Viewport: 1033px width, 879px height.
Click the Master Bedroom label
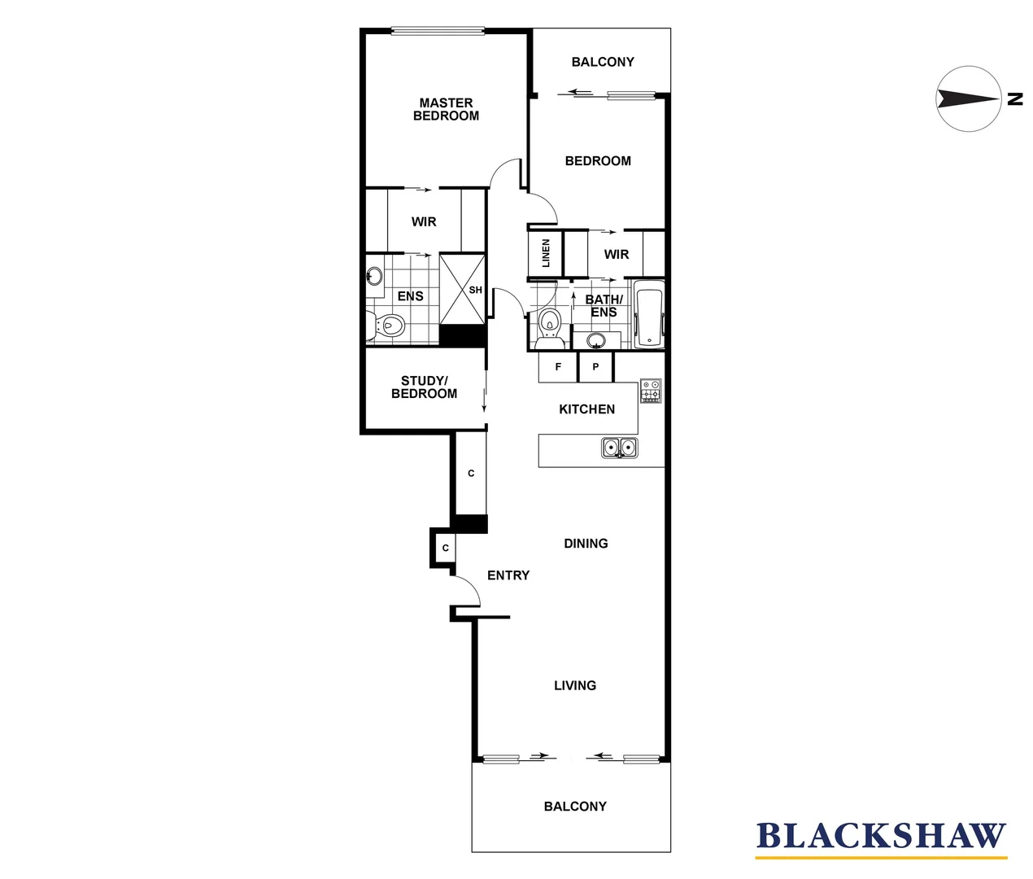[x=446, y=109]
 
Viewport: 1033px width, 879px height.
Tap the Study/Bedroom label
[x=424, y=387]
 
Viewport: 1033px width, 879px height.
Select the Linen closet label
[x=546, y=253]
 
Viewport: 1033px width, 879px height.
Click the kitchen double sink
[x=620, y=448]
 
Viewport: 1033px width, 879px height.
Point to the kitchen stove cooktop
[x=650, y=391]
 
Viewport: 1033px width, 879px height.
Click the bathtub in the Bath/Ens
[x=649, y=315]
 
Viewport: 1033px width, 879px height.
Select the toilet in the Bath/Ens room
[x=551, y=321]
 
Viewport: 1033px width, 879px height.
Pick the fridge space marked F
[x=558, y=367]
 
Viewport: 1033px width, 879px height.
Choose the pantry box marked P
[x=595, y=367]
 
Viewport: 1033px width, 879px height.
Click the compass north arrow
[x=968, y=99]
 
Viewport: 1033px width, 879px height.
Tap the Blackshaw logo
[x=881, y=837]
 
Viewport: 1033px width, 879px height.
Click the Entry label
[x=508, y=575]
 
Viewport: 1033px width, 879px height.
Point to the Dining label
[x=586, y=544]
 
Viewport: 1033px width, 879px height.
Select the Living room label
[x=575, y=686]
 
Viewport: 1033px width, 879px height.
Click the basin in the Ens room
[x=374, y=276]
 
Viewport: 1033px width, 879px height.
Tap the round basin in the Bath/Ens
[x=596, y=339]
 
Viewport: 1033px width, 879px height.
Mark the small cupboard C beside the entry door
[x=445, y=548]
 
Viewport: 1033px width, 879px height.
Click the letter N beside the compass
[x=1014, y=99]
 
